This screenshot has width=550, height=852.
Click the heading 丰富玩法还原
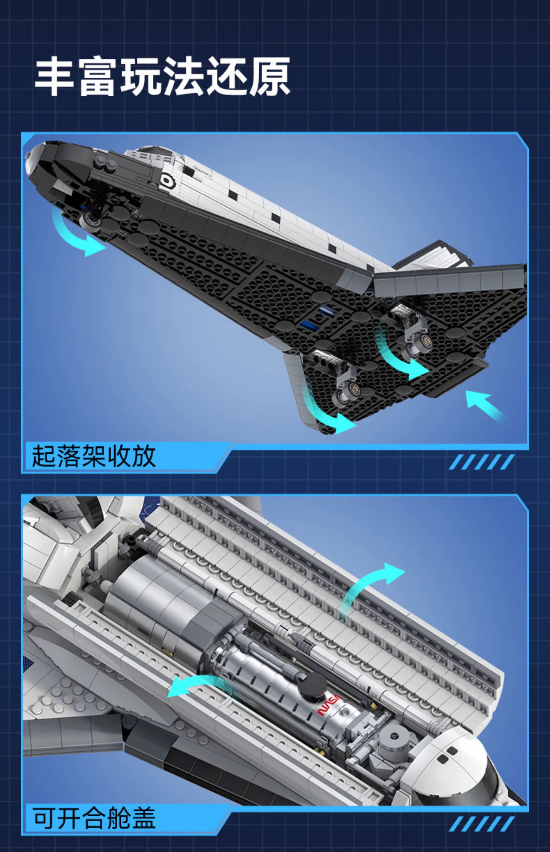163,77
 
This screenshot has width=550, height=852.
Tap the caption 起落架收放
94,456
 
